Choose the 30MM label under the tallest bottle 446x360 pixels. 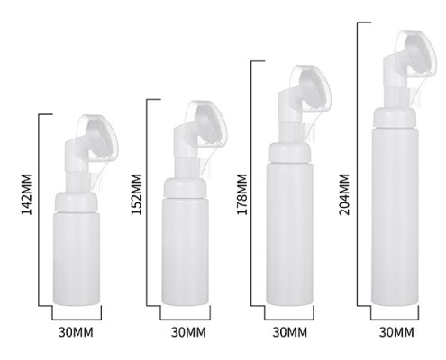pyautogui.click(x=396, y=333)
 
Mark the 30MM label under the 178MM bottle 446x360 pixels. pyautogui.click(x=290, y=333)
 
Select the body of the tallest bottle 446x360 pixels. pyautogui.click(x=397, y=207)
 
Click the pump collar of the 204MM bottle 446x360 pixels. pyautogui.click(x=397, y=97)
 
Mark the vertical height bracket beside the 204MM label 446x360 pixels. pyautogui.click(x=359, y=162)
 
